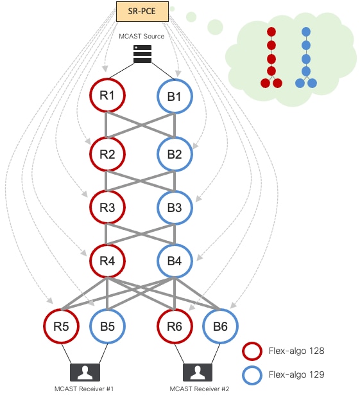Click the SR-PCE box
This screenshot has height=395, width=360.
tap(142, 12)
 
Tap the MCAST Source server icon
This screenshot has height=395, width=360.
tap(142, 54)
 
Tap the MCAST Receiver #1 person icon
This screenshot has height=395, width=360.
tap(85, 373)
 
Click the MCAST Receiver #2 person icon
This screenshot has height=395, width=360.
tap(198, 373)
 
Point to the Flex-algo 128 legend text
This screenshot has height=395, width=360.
tap(296, 351)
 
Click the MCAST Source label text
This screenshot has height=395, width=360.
tap(141, 36)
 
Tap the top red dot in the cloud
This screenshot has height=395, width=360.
tap(271, 32)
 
